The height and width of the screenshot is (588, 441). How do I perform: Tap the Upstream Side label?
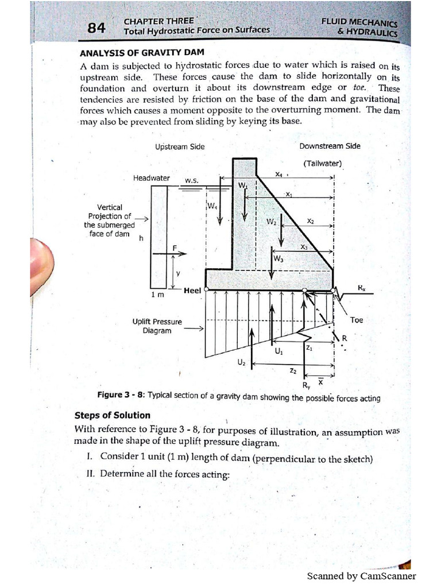180,146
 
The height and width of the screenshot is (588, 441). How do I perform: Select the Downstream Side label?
330,146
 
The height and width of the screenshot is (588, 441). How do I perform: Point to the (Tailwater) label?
320,164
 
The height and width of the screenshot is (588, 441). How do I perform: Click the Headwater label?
152,178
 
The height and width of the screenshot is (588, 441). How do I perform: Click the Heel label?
192,291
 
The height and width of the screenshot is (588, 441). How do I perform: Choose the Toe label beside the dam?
357,320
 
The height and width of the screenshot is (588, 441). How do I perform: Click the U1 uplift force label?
278,351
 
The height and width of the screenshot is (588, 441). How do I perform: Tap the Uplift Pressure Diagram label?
157,326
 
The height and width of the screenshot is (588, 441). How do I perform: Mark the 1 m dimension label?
157,294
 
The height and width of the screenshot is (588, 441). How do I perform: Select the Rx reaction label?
361,288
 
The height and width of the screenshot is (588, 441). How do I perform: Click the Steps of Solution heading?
113,415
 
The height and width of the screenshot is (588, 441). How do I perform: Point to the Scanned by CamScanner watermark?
361,576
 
